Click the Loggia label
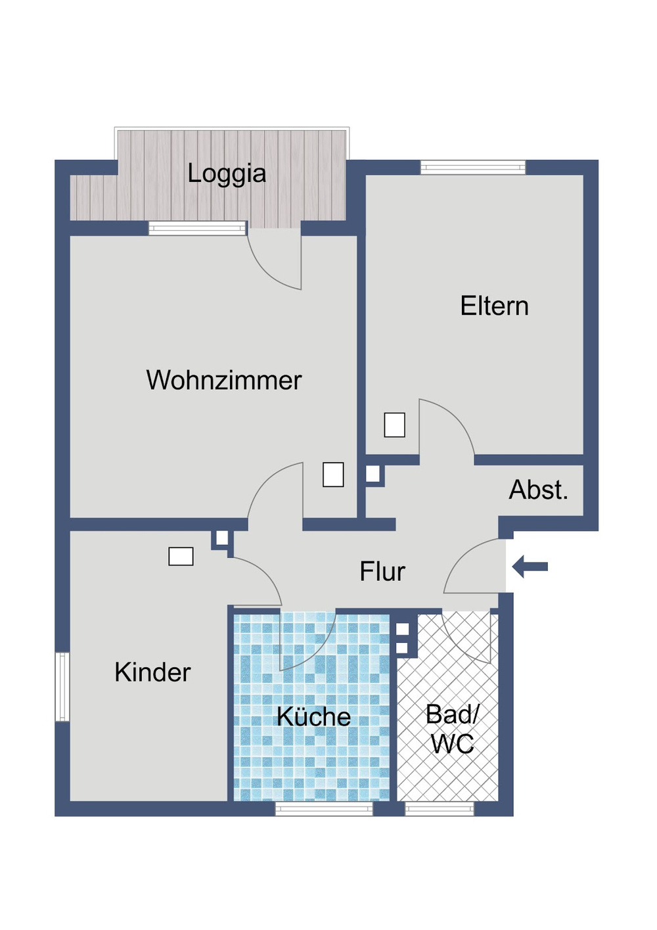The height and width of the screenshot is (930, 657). [x=227, y=174]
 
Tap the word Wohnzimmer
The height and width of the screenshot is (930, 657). [x=223, y=380]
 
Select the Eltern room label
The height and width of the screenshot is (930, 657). [x=494, y=306]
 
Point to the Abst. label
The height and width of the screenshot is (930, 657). [x=538, y=490]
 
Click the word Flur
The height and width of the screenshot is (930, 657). [x=382, y=571]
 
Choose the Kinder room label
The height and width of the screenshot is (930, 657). [x=152, y=672]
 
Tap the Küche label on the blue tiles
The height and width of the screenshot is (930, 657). [x=313, y=716]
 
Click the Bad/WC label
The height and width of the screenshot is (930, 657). [x=452, y=729]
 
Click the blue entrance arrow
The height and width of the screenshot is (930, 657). [x=530, y=566]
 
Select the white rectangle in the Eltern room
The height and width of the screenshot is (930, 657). [x=394, y=425]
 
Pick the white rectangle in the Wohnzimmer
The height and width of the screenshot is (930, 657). [x=333, y=475]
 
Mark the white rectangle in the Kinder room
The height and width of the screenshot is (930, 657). [x=181, y=557]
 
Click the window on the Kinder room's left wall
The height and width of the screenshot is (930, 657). [x=62, y=687]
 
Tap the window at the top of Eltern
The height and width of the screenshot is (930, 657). [x=473, y=168]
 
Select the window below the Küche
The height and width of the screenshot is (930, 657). [x=324, y=809]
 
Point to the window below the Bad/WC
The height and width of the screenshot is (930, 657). [x=440, y=809]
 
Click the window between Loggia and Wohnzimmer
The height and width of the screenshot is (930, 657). [x=197, y=228]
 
